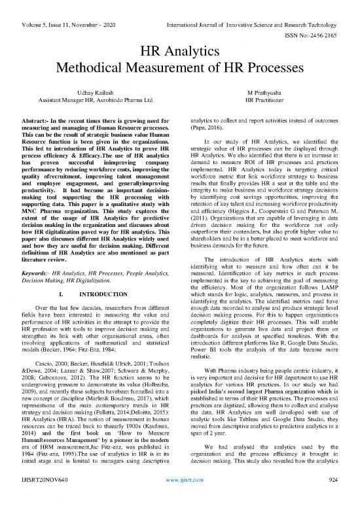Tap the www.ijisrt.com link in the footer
coord(179,497)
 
